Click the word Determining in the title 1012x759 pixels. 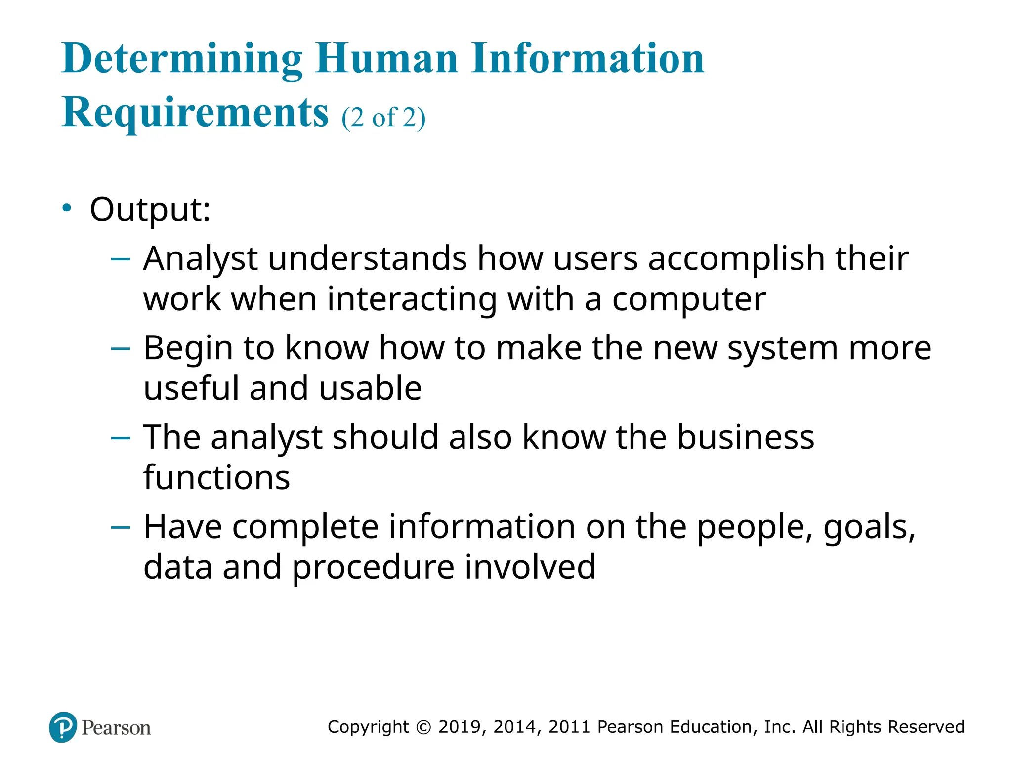click(182, 59)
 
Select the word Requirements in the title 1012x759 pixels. click(195, 113)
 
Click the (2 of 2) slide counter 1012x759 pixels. click(383, 118)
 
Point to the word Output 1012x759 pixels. click(150, 210)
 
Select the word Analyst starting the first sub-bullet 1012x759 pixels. click(200, 259)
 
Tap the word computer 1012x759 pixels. click(689, 299)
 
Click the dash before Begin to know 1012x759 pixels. click(121, 349)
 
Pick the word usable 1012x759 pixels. click(370, 388)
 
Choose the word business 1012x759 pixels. click(745, 437)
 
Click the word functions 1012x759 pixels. click(216, 478)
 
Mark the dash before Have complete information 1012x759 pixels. click(121, 527)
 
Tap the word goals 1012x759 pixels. click(869, 527)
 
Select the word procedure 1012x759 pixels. click(373, 567)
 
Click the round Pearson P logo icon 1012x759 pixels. click(63, 727)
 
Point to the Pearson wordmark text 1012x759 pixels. click(116, 728)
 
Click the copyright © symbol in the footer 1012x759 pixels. click(423, 727)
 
